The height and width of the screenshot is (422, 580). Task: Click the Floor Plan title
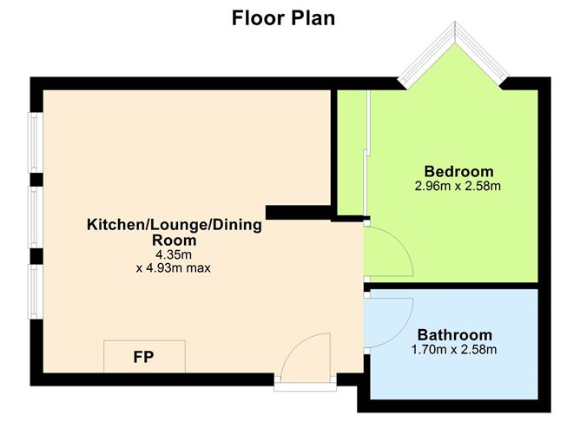(x=283, y=18)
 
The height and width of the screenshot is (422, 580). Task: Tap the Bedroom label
(x=458, y=170)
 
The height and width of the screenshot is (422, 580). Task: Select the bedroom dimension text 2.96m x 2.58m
(x=458, y=185)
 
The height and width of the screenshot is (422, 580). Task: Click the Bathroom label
(x=454, y=334)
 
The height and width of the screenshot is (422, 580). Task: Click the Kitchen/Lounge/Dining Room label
(x=174, y=232)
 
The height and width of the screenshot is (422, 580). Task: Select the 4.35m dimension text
(x=174, y=254)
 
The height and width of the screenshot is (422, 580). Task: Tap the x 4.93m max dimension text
(x=174, y=268)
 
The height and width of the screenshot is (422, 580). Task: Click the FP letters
(x=144, y=357)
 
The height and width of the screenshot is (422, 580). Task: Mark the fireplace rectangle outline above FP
(x=144, y=342)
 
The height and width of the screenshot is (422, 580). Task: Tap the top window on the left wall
(x=33, y=142)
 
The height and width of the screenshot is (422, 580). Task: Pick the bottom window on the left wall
(x=33, y=292)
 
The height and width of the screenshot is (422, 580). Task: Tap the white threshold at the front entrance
(x=305, y=379)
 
